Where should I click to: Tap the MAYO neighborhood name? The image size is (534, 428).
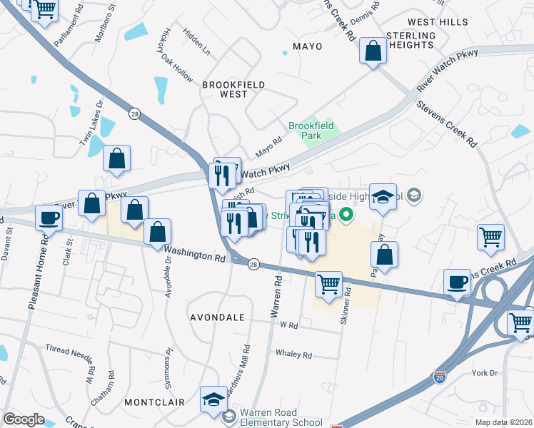click(x=307, y=46)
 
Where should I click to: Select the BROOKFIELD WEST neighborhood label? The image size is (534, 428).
click(x=233, y=89)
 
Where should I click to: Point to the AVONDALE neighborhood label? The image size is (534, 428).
click(x=217, y=317)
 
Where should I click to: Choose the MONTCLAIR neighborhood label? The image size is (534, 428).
click(x=150, y=402)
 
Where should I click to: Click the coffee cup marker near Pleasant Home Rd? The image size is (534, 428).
click(x=49, y=218)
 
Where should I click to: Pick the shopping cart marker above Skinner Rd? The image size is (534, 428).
click(x=328, y=284)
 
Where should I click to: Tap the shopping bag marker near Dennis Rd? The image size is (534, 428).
click(x=373, y=51)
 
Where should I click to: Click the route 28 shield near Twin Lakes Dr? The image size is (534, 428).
click(x=133, y=113)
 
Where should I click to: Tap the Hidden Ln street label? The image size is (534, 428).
click(x=196, y=43)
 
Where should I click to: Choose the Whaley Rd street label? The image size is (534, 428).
click(x=294, y=355)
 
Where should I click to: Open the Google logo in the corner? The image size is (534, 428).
click(x=24, y=419)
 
